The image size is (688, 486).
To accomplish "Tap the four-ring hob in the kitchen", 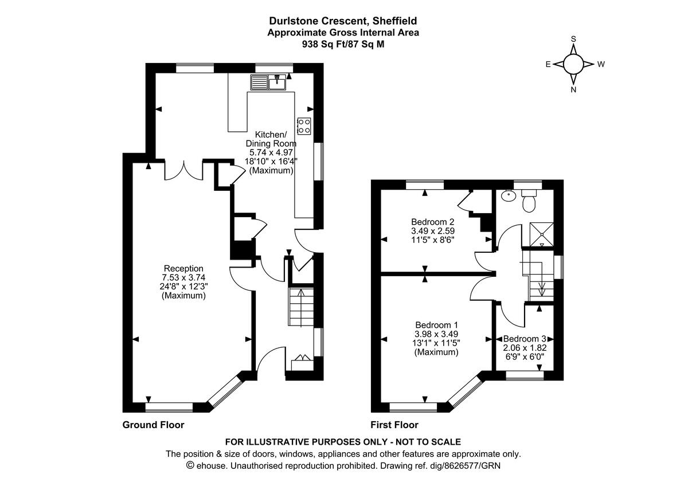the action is click(304, 126).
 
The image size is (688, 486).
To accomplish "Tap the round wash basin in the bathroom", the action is click(507, 195).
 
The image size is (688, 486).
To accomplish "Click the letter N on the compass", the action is click(573, 89).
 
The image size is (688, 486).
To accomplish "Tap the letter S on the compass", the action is click(573, 39).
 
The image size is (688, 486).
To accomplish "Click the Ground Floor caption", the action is click(153, 425).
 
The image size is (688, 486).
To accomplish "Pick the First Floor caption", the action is click(394, 425).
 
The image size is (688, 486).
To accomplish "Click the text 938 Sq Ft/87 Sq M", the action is click(343, 43).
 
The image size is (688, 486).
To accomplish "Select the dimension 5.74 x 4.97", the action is click(271, 152).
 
